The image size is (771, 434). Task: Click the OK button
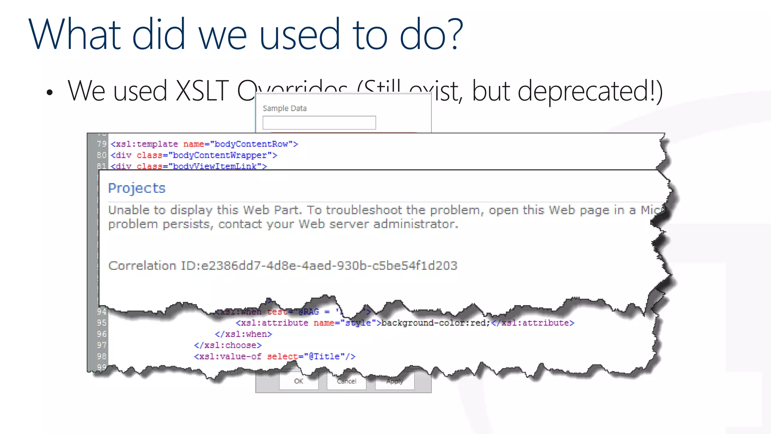point(299,381)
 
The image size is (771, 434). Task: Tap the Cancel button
point(346,381)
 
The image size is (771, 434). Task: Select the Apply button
point(395,381)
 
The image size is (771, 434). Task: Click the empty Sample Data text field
point(319,122)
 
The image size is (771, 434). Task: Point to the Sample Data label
point(285,108)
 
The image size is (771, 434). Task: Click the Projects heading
point(137,188)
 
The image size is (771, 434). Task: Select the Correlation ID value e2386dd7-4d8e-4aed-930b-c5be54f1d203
point(329,266)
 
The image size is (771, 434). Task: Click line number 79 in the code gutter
point(102,144)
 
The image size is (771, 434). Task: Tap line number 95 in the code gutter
point(102,323)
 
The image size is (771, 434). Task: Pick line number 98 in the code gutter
point(102,356)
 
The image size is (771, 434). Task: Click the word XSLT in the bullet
point(202,91)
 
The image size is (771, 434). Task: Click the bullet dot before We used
point(50,93)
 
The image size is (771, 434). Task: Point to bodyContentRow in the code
point(251,144)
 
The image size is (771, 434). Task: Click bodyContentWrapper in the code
point(220,155)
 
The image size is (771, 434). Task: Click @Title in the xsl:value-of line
point(324,356)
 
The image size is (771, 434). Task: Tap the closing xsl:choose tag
point(228,345)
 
